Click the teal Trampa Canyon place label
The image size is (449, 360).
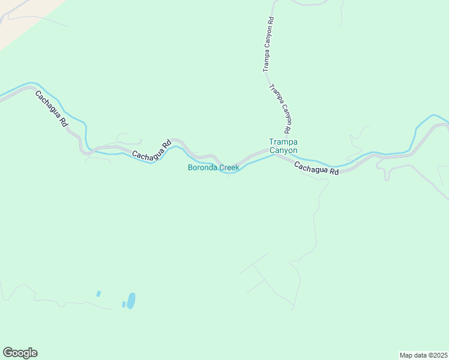click(283, 146)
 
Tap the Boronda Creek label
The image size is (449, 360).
click(213, 167)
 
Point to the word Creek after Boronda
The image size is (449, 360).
click(229, 167)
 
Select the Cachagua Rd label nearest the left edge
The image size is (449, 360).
click(51, 109)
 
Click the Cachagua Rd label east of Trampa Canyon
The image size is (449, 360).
click(317, 167)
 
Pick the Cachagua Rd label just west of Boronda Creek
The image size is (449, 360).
click(152, 150)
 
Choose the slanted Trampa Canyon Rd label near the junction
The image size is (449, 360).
click(280, 109)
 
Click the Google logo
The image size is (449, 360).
click(20, 353)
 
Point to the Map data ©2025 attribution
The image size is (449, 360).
click(423, 355)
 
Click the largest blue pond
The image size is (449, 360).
click(130, 299)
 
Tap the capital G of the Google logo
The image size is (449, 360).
click(8, 353)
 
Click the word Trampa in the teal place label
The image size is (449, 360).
click(283, 142)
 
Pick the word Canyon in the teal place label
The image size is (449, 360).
click(283, 150)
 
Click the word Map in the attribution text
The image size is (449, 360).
click(406, 355)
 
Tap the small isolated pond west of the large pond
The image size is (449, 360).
click(98, 294)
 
